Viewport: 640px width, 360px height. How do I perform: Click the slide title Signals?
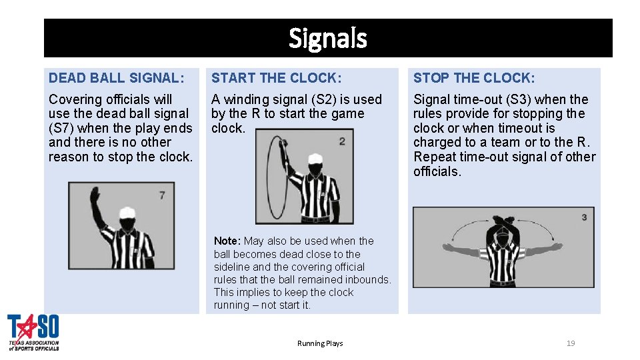tap(327, 39)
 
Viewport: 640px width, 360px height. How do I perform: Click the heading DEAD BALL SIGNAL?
tap(116, 78)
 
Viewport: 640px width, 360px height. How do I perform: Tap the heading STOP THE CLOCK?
tap(474, 78)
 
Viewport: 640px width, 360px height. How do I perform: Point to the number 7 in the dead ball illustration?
tap(162, 195)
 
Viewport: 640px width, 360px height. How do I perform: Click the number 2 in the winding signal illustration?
tap(342, 141)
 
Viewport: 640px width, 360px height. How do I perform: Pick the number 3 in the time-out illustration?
tap(584, 217)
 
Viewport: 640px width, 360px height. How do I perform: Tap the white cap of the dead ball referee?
tap(129, 213)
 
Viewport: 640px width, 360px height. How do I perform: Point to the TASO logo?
tap(33, 332)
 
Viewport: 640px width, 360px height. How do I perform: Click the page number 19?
tap(571, 343)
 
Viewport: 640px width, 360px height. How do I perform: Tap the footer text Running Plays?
tap(320, 343)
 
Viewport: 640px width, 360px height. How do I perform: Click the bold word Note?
tap(227, 241)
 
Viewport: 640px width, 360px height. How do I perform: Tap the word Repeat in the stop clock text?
tap(435, 157)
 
